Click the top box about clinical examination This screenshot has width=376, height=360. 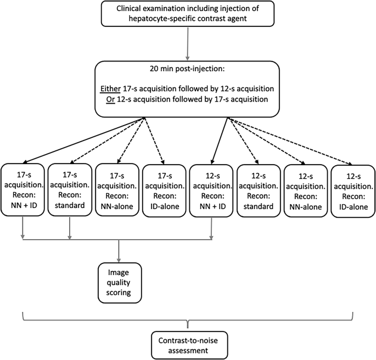pyautogui.click(x=188, y=14)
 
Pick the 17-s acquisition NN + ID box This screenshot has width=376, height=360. pyautogui.click(x=23, y=190)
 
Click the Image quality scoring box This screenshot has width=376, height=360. pyautogui.click(x=119, y=280)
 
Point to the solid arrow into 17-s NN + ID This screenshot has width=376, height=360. pyautogui.click(x=82, y=139)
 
